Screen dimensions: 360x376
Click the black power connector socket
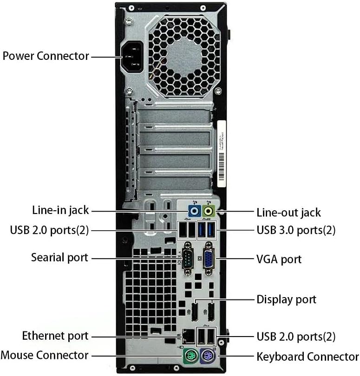[132, 57]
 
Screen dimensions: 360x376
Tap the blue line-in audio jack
[194, 211]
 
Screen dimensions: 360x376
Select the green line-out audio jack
[208, 211]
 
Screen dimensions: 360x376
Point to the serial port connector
[188, 259]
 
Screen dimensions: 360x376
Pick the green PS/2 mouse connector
[191, 356]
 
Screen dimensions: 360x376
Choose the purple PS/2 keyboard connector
[208, 356]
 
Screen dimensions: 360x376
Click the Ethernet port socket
[189, 336]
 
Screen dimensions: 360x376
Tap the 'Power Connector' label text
[46, 56]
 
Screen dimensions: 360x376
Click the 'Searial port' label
[60, 258]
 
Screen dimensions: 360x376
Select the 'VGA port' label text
[279, 259]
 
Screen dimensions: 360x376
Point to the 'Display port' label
[286, 299]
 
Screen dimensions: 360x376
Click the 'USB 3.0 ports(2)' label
[296, 230]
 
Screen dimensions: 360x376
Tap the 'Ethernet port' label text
[55, 336]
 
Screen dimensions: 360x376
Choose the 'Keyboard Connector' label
[308, 357]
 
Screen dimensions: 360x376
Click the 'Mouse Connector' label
[45, 355]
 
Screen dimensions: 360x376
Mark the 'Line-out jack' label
[288, 213]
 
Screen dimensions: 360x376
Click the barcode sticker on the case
[221, 154]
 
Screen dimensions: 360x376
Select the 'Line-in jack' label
[60, 210]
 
